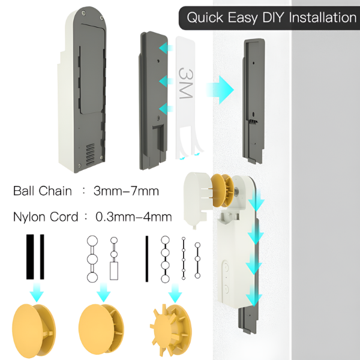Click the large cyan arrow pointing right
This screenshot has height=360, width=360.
click(x=220, y=89)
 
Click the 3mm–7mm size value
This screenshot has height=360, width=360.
click(x=126, y=191)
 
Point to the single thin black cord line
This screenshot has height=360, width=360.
click(x=146, y=258)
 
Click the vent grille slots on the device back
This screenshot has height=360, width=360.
click(x=90, y=155)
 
